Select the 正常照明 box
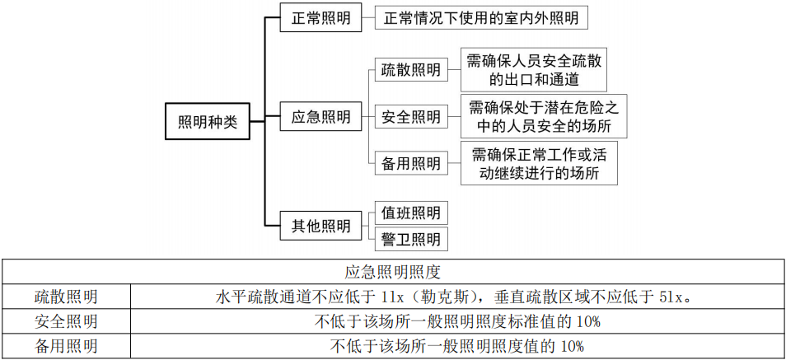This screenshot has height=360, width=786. pos(320,18)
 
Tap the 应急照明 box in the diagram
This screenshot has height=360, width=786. pos(320,117)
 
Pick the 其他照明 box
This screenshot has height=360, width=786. pos(320,225)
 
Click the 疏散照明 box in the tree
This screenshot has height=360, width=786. pos(410,70)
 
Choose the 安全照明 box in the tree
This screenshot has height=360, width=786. pos(410,117)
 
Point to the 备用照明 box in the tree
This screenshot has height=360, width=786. pos(410,163)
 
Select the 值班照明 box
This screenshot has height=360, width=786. pos(410,213)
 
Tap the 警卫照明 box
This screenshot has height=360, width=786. pos(410,239)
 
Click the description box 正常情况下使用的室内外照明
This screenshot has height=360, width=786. pos(481,18)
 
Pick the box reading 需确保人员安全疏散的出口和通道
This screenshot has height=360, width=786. pos(534,70)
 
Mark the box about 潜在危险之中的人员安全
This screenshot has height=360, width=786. pos(543,116)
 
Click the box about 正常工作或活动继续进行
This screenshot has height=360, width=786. pos(543,163)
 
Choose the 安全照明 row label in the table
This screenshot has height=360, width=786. pos(66,320)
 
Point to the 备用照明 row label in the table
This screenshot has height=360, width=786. pos(66,345)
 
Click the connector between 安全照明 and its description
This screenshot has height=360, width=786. pos(454,117)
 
